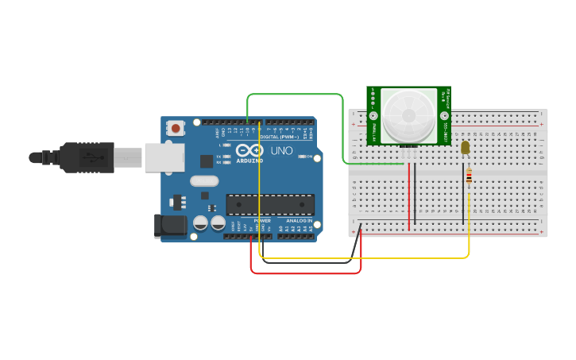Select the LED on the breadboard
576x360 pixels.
click(x=465, y=146)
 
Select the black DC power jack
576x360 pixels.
click(x=170, y=226)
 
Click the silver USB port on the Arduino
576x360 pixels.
click(x=164, y=157)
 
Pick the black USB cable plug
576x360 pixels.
click(x=87, y=157)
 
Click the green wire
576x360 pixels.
click(x=294, y=95)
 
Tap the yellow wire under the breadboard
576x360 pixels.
click(x=365, y=257)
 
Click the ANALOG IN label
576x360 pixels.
click(x=299, y=220)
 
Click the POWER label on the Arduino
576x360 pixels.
click(x=262, y=220)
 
